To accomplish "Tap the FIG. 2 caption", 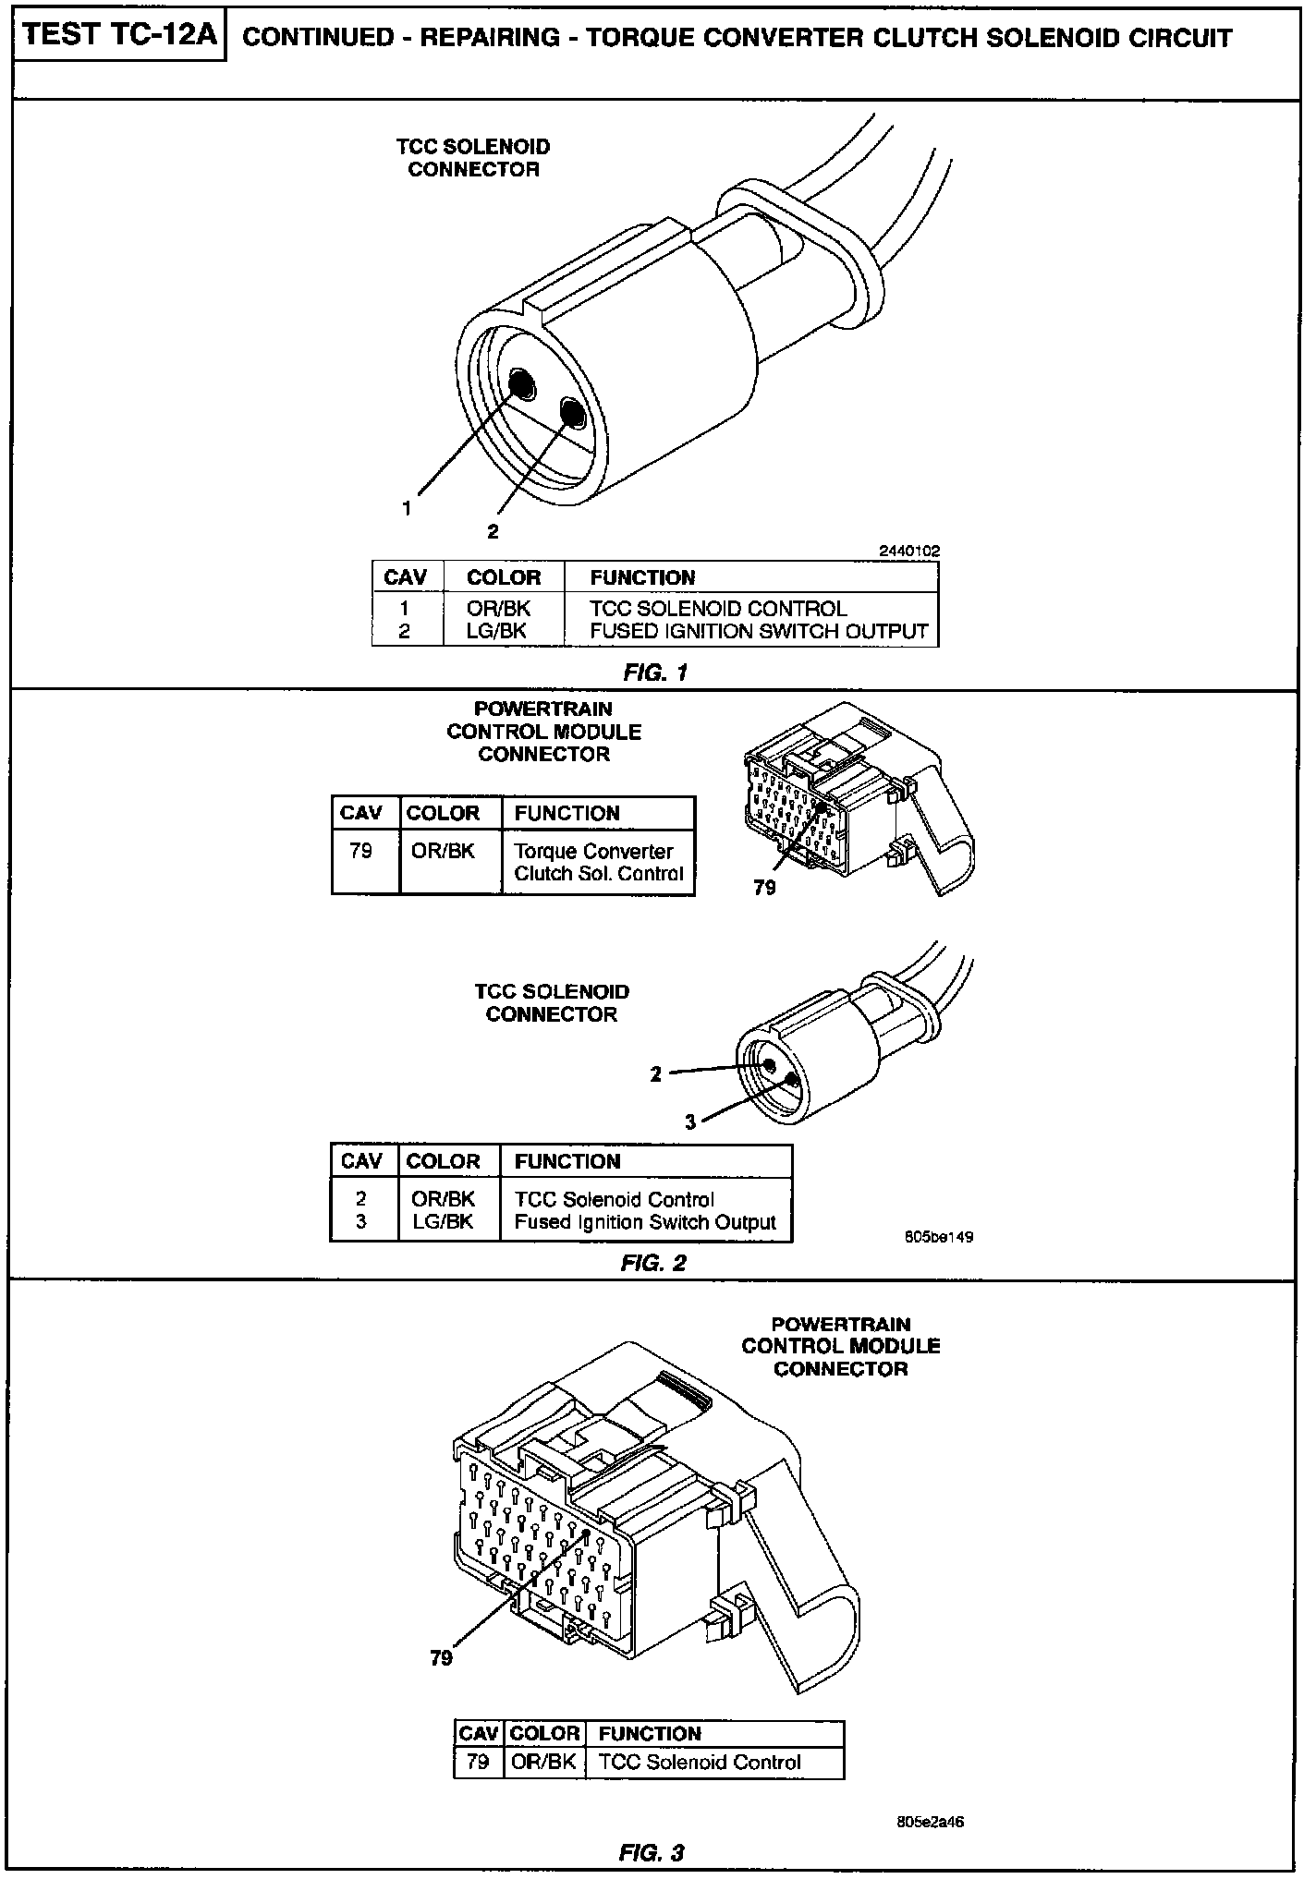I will click(x=653, y=1262).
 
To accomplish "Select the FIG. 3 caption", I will click(x=652, y=1852).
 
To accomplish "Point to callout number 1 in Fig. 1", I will click(x=406, y=507).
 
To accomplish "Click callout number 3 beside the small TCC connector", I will click(x=689, y=1122).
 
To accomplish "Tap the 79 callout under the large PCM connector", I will click(x=442, y=1657).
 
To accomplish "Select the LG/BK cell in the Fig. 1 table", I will click(x=497, y=631).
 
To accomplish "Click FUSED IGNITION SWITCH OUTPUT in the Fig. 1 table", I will click(x=759, y=631).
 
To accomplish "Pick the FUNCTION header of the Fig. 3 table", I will click(x=650, y=1734).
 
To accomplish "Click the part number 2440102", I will click(x=909, y=551).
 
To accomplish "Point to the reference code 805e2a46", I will click(x=932, y=1822).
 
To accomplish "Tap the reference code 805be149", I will click(x=939, y=1236).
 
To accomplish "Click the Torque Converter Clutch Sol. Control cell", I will click(x=598, y=862).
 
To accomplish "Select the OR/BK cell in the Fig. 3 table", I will click(x=543, y=1762).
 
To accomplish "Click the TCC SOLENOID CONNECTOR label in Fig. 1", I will click(x=473, y=158).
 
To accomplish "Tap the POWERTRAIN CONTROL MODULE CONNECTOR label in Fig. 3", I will click(x=840, y=1346).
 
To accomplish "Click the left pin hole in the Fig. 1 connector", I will click(x=520, y=382).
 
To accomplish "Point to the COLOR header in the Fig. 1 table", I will click(x=503, y=577).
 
